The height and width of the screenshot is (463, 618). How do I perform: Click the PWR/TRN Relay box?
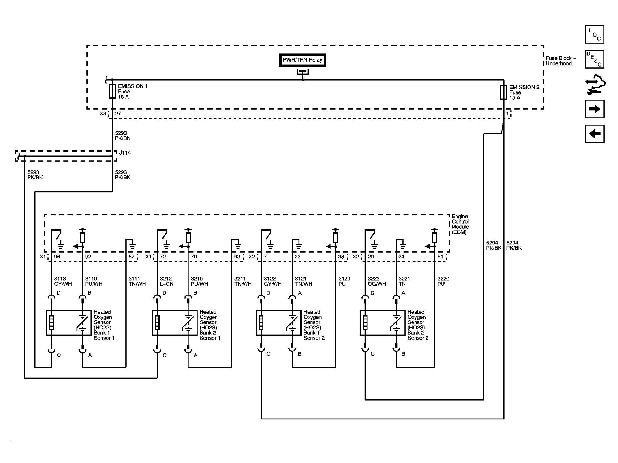(x=302, y=60)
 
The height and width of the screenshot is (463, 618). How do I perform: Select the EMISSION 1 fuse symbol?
(x=112, y=92)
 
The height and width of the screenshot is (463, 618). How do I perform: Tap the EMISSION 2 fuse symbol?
(x=503, y=92)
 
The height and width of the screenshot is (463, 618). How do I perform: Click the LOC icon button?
(x=594, y=34)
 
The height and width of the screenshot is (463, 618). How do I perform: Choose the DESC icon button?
(x=594, y=59)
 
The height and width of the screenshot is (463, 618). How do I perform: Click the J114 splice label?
(x=125, y=153)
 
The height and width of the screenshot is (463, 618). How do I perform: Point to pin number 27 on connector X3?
(x=118, y=114)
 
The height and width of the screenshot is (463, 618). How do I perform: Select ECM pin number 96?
(x=57, y=257)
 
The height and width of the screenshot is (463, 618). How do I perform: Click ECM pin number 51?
(x=440, y=257)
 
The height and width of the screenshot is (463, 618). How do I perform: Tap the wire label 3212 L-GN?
(x=166, y=281)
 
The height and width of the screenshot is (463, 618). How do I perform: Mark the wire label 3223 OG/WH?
(x=377, y=281)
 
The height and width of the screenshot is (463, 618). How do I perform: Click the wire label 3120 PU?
(x=344, y=281)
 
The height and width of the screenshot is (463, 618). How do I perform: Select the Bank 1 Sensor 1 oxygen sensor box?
(x=69, y=323)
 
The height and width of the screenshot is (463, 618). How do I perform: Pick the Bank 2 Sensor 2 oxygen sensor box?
(x=382, y=323)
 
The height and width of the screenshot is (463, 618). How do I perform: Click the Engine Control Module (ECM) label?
(x=460, y=224)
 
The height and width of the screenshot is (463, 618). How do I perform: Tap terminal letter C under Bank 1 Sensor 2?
(x=268, y=354)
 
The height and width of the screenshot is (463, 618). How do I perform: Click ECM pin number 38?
(x=341, y=257)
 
